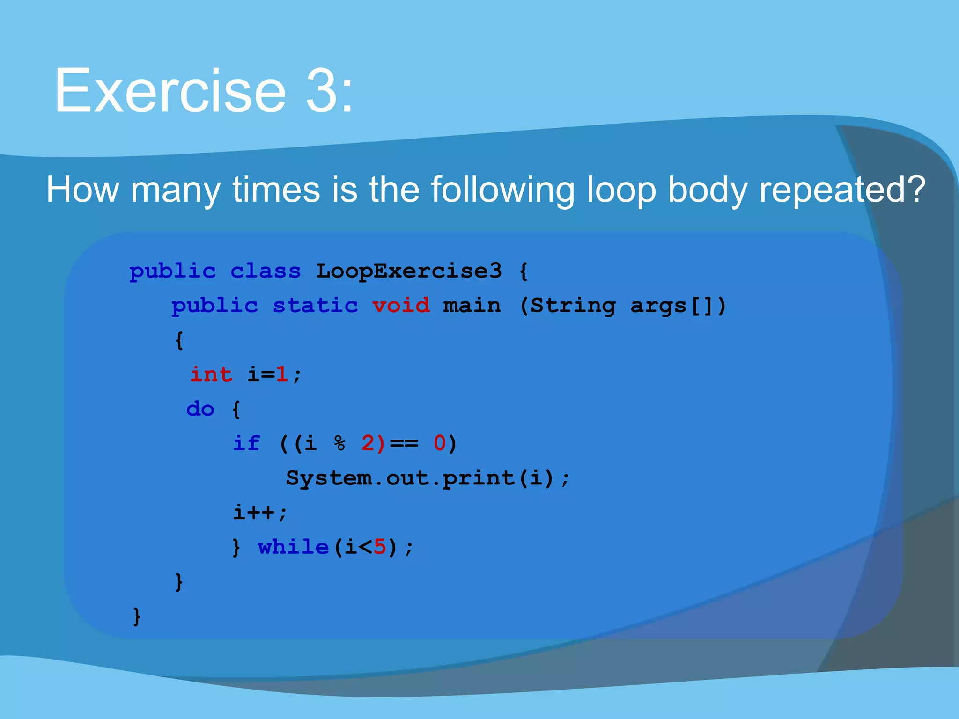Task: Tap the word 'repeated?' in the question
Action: click(x=842, y=190)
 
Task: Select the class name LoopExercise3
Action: click(x=409, y=271)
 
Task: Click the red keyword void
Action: click(x=401, y=305)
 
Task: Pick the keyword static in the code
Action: click(x=315, y=305)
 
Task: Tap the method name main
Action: click(x=472, y=305)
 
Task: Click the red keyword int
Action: click(x=211, y=374)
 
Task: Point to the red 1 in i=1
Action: click(x=282, y=374)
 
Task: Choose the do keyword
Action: click(x=200, y=409)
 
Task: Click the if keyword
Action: click(x=246, y=443)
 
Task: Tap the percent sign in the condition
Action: click(x=339, y=443)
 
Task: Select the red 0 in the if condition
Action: click(x=439, y=443)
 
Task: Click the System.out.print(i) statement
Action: click(x=427, y=478)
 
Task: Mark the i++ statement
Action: click(x=259, y=512)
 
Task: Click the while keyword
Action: click(x=294, y=547)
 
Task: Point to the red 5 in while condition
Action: click(x=380, y=547)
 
